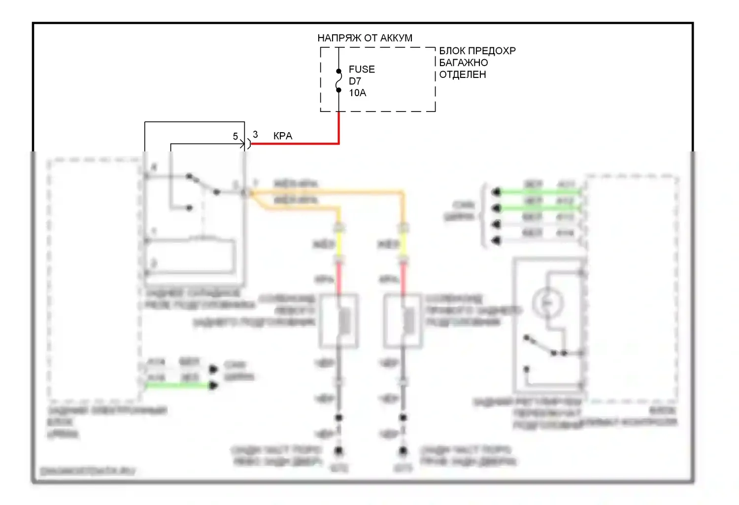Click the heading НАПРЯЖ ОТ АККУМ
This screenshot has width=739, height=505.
(x=365, y=38)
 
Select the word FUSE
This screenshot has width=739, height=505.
(x=362, y=70)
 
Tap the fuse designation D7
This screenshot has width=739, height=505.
(x=355, y=81)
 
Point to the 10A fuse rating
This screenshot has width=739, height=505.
(x=357, y=93)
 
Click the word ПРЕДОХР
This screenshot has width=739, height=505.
(x=491, y=51)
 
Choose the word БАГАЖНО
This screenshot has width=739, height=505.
(x=463, y=63)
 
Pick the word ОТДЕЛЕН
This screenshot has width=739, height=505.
(x=462, y=74)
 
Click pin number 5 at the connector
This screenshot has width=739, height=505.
(x=235, y=136)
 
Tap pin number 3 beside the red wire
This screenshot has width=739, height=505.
(x=255, y=134)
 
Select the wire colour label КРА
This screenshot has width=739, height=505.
(x=282, y=136)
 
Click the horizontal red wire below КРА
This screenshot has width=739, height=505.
(x=296, y=144)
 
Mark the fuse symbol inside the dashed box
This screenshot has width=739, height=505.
(x=338, y=81)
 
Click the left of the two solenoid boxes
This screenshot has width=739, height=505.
(x=338, y=321)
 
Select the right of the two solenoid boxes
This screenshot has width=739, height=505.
(x=403, y=321)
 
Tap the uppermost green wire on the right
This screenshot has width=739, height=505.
(x=539, y=192)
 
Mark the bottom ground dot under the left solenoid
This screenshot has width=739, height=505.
(x=338, y=450)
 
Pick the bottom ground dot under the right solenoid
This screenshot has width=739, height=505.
(x=403, y=450)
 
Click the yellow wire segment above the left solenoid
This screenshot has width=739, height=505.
(x=338, y=244)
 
